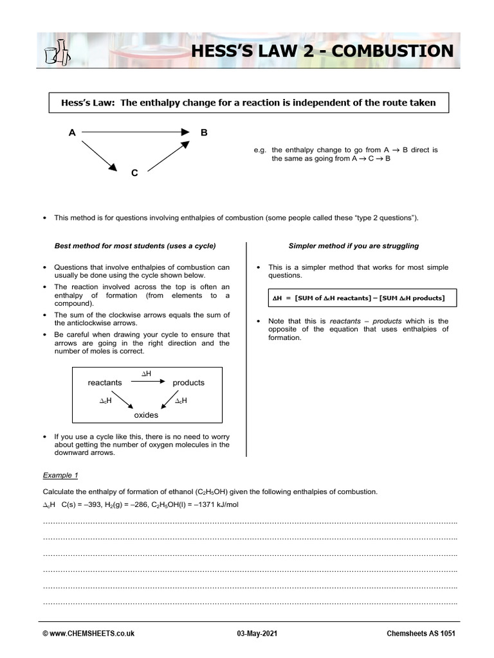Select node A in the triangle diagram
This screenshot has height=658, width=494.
click(72, 133)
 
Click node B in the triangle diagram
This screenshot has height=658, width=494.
click(204, 133)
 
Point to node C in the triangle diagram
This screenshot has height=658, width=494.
click(134, 173)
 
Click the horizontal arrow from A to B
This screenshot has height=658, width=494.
click(136, 132)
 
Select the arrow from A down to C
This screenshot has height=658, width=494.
click(99, 156)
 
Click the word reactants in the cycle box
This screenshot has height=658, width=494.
click(105, 382)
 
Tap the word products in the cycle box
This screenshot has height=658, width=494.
click(188, 382)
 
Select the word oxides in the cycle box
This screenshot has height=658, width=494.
click(146, 415)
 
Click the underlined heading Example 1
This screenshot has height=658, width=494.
click(60, 475)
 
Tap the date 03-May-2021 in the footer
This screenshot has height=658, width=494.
click(256, 633)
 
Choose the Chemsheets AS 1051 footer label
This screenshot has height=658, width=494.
click(423, 633)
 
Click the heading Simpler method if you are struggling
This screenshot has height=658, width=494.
click(354, 245)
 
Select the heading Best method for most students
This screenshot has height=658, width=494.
click(134, 245)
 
